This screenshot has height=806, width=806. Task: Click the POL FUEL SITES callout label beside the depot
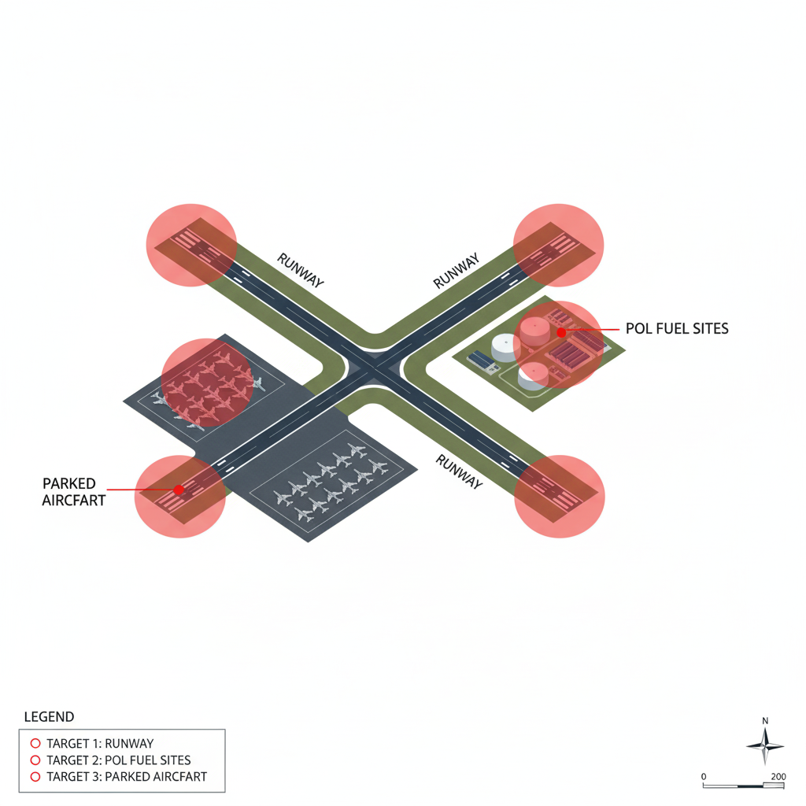click(677, 329)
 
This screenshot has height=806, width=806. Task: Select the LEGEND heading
click(50, 717)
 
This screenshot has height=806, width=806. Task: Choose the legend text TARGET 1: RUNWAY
click(100, 743)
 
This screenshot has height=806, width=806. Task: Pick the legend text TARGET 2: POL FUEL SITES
click(119, 760)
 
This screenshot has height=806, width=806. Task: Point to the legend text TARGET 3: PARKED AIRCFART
click(127, 777)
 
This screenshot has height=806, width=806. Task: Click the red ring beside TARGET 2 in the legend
click(34, 760)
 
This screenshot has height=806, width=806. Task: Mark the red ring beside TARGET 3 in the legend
click(34, 777)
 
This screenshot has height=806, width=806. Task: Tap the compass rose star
click(765, 745)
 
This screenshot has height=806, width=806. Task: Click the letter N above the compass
click(765, 721)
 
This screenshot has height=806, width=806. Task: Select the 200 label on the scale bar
click(778, 777)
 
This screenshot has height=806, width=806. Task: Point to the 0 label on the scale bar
click(703, 777)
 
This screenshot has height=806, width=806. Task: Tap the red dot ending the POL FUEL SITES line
click(561, 333)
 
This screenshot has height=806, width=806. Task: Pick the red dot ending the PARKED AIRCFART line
click(179, 490)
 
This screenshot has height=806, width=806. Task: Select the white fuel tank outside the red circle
click(503, 346)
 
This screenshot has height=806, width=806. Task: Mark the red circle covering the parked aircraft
click(206, 383)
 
